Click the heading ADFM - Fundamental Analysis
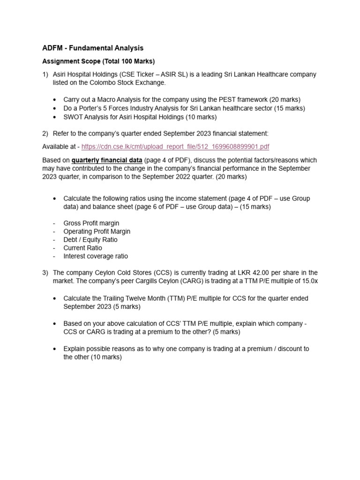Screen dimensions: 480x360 click(x=93, y=48)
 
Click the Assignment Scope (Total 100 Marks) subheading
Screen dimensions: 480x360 click(x=98, y=61)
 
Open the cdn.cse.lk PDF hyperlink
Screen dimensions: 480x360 click(x=175, y=147)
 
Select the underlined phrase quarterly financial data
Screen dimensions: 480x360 click(x=107, y=160)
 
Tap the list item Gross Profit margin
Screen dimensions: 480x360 click(x=91, y=223)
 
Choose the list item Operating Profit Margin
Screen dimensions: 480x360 click(x=97, y=232)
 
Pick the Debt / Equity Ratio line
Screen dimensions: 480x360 click(x=90, y=240)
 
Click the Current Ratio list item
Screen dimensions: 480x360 click(x=83, y=248)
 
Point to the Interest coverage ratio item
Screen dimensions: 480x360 click(x=96, y=256)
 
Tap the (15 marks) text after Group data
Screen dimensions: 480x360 click(x=255, y=207)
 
